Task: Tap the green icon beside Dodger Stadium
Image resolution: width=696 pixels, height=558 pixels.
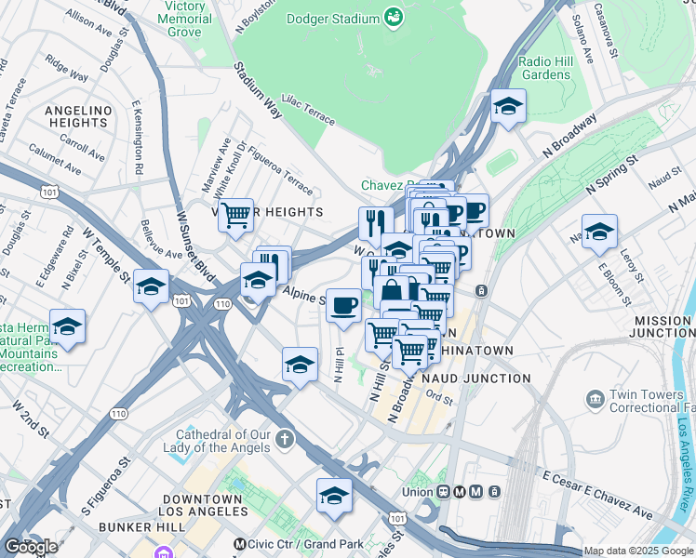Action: coord(394,16)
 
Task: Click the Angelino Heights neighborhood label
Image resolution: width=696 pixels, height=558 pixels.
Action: coord(76,116)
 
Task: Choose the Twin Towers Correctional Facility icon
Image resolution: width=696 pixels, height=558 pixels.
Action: coord(595,400)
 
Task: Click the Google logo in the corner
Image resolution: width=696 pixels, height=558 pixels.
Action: coord(31,546)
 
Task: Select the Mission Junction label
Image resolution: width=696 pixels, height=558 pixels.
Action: coord(662,326)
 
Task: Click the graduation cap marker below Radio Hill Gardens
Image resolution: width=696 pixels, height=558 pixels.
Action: coord(508,107)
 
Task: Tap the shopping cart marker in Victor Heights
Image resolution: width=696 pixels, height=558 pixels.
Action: coord(236,216)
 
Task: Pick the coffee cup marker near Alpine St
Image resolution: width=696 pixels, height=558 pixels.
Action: coord(343,305)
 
